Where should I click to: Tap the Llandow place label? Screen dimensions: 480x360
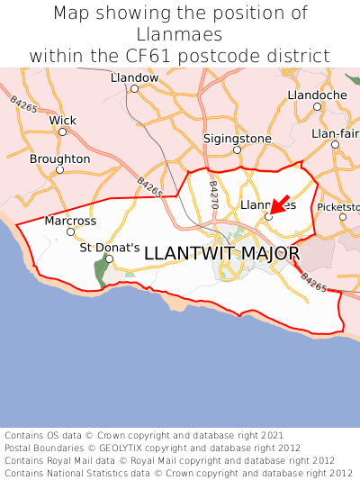[134, 77]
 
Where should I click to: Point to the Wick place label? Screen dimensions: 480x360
[63, 120]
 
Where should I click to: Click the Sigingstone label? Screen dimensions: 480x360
[237, 139]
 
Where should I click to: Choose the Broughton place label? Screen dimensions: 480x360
[60, 158]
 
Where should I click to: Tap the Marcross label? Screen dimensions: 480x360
[70, 221]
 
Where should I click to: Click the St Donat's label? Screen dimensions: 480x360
[110, 247]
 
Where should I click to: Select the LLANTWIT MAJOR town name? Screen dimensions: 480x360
[221, 254]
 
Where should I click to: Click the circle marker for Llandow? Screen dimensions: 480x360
[134, 88]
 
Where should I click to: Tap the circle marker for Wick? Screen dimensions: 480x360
[62, 131]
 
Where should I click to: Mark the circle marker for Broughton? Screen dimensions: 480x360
[59, 169]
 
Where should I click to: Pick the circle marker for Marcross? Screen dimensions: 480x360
[70, 231]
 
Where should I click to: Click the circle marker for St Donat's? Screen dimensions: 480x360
[109, 259]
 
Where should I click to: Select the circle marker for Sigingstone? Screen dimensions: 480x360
[237, 149]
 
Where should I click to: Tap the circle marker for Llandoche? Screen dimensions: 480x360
[317, 106]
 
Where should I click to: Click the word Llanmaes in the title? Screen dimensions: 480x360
[180, 34]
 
